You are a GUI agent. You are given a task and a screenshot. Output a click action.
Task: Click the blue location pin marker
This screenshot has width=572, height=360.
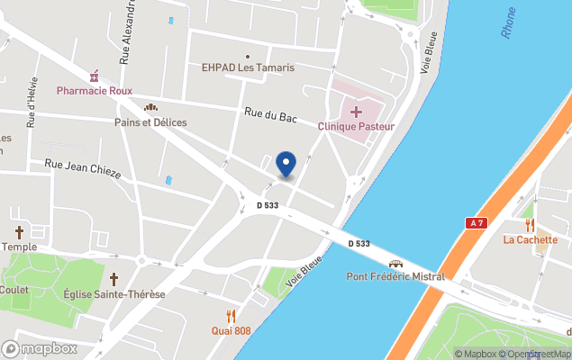tap(286, 165)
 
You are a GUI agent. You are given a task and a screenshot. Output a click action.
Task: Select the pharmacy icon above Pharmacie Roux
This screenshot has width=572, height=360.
tap(93, 76)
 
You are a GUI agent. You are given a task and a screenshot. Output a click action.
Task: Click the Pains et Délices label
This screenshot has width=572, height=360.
tap(150, 122)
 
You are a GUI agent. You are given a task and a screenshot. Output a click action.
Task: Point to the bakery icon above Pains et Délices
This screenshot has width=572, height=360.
tap(151, 108)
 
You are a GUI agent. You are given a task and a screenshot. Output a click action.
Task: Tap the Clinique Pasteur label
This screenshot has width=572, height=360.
tap(356, 127)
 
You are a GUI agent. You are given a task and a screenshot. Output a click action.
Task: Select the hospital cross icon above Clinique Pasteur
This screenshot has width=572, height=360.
tap(356, 112)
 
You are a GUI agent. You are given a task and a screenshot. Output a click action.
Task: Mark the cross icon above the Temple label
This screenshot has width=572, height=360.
tap(19, 232)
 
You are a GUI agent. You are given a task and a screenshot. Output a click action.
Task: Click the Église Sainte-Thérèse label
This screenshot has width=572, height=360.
tap(114, 294)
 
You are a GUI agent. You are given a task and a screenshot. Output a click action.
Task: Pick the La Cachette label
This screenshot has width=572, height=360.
tap(531, 239)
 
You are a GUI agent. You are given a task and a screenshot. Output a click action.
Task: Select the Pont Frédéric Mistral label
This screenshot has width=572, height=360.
tap(395, 276)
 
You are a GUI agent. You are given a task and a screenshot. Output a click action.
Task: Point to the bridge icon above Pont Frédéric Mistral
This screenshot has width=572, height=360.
tap(395, 263)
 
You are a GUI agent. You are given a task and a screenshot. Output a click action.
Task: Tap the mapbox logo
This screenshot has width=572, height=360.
tap(40, 348)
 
